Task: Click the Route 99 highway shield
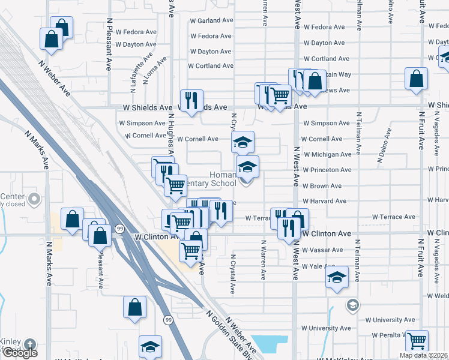[x=120, y=229]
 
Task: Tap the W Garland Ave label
[x=211, y=20]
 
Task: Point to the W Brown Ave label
[x=322, y=186]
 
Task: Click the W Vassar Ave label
[x=322, y=250]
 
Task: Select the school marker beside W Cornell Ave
[x=243, y=143]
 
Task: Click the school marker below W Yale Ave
[x=337, y=278]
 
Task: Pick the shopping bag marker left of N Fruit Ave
[x=416, y=79]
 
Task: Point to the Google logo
[x=20, y=353]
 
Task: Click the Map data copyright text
[x=415, y=355]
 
